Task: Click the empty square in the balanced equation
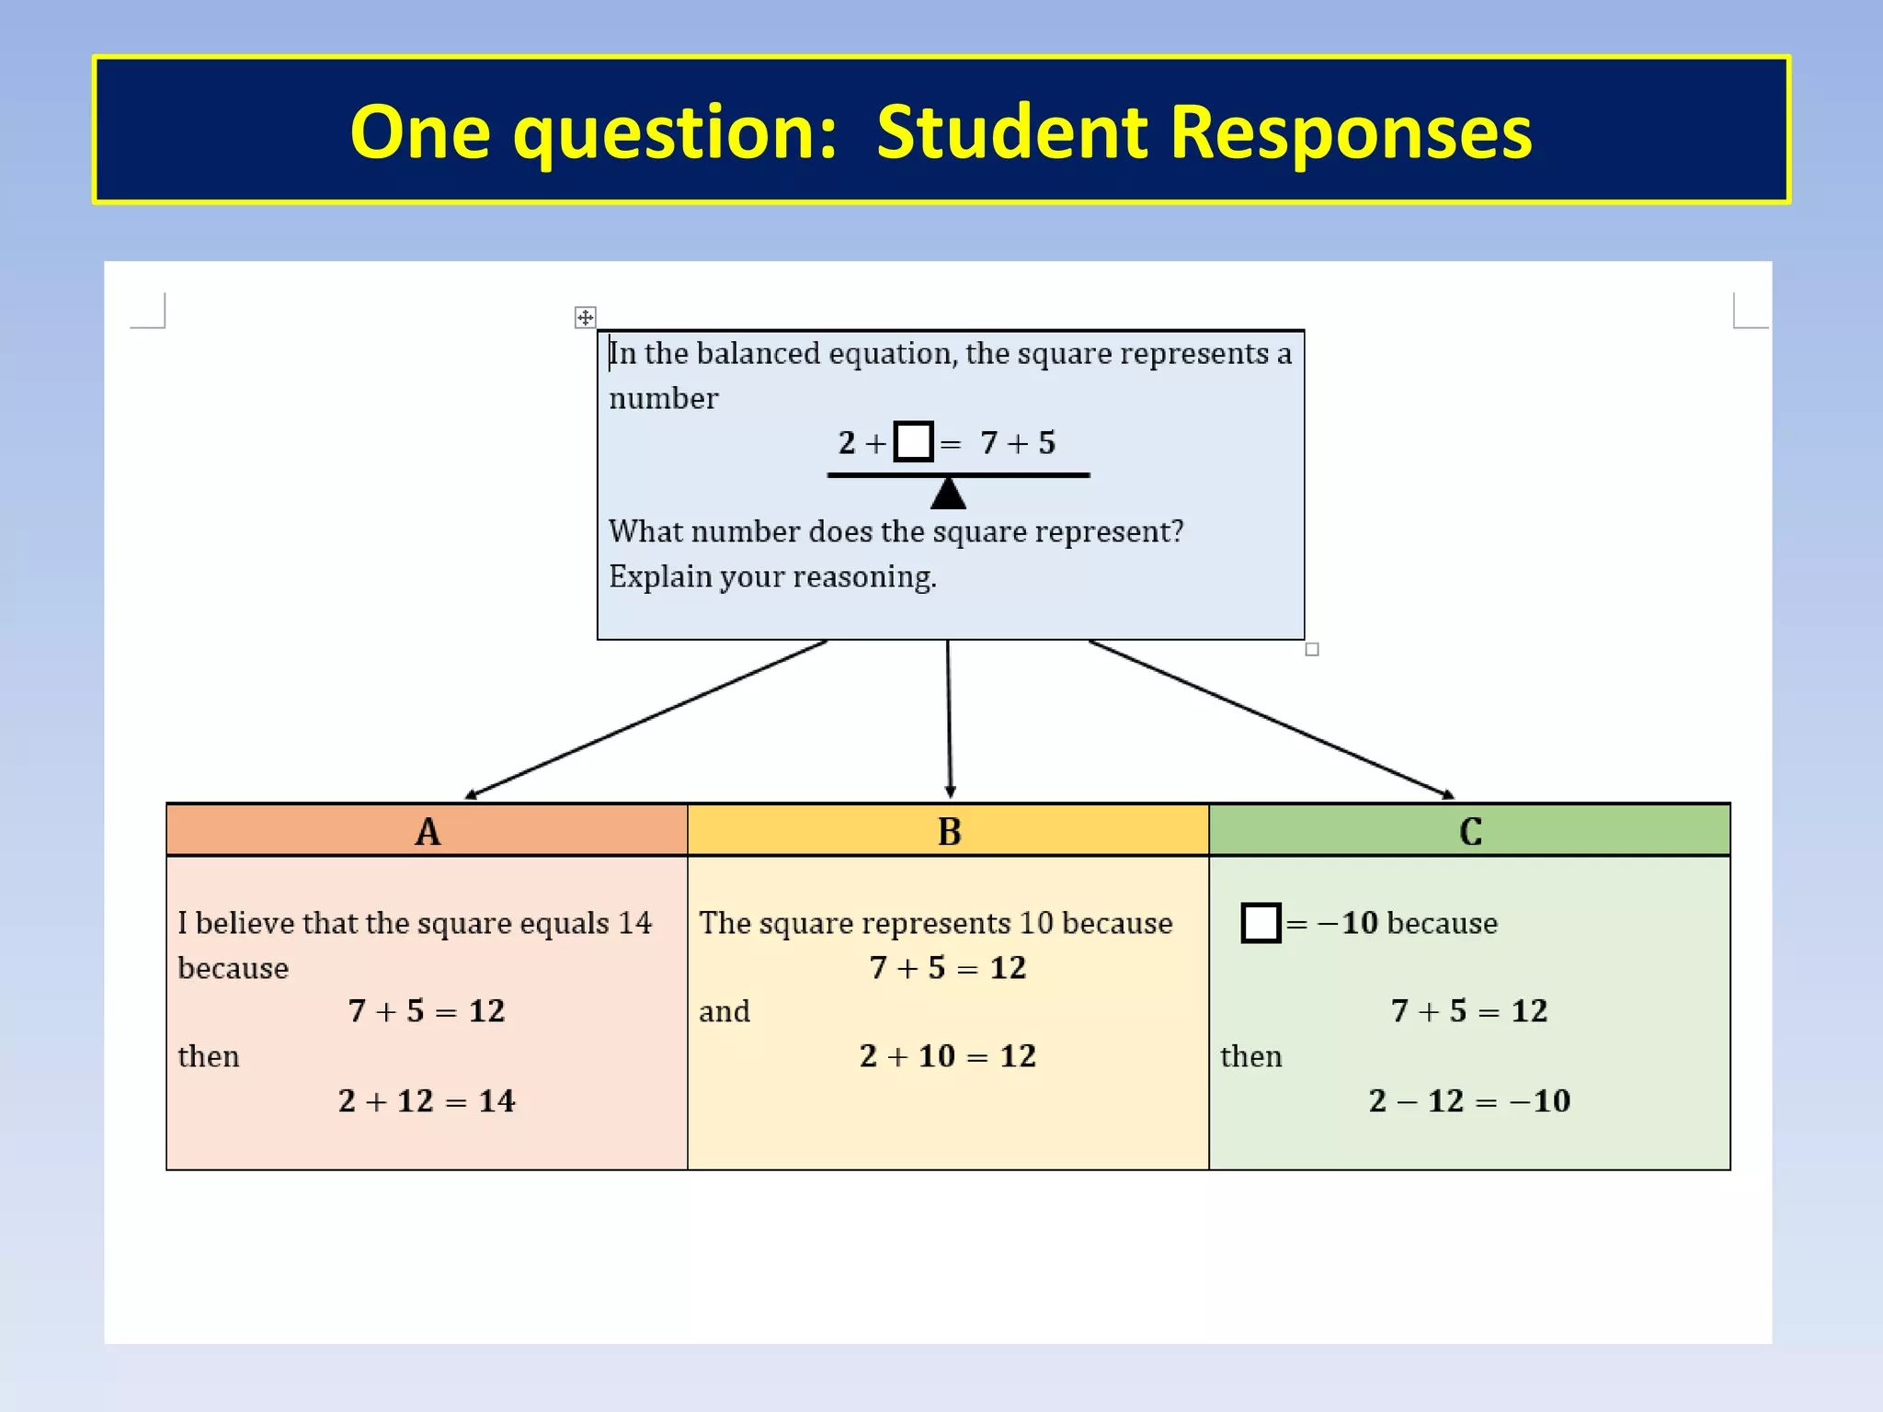(913, 441)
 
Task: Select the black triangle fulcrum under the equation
(948, 494)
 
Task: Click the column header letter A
(428, 831)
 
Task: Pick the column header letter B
(949, 831)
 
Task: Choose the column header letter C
(1470, 831)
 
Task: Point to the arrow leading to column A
(647, 719)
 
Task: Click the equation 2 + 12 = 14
(427, 1100)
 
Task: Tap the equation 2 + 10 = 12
(948, 1055)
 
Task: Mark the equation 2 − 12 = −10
(1469, 1100)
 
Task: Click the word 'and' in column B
(725, 1011)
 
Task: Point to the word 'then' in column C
(1250, 1056)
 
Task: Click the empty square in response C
(1261, 922)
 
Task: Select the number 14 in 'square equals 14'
(634, 922)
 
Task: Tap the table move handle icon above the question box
(585, 317)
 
